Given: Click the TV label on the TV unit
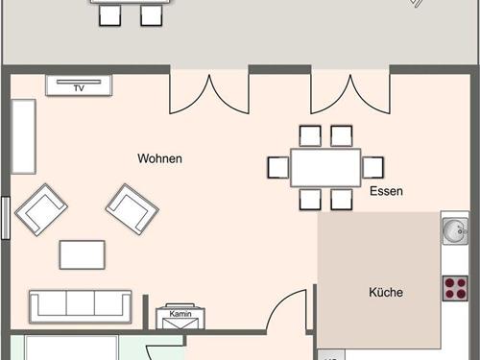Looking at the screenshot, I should (80, 86).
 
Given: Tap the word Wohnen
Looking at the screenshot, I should (159, 158).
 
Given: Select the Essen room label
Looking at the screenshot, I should (386, 191).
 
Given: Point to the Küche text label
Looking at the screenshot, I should (386, 292).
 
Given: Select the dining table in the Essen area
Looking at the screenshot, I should (325, 167).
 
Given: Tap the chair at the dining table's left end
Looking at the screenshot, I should (278, 167).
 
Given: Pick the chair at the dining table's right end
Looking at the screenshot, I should (372, 167).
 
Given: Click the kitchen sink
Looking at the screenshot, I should (454, 230).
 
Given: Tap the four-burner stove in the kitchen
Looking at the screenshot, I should (454, 288).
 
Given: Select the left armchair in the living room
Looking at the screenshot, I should (41, 209).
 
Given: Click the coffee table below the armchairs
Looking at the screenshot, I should (83, 254).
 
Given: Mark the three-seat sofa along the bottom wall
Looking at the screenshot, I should (81, 305).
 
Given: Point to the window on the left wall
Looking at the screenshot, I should (5, 217).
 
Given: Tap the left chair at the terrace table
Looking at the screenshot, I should (110, 14).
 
